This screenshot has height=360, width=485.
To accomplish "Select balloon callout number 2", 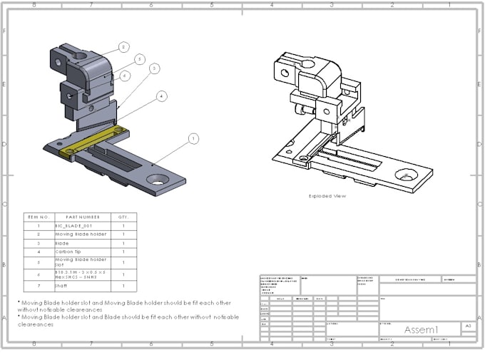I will [x=123, y=47].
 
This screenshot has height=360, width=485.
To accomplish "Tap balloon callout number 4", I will [x=162, y=96].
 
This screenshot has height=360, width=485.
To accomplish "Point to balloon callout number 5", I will [x=140, y=59].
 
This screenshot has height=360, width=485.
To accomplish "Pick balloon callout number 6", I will [x=125, y=75].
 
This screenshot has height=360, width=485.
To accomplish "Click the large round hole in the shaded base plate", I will [x=160, y=180].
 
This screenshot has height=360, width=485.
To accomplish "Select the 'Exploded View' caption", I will [x=327, y=196].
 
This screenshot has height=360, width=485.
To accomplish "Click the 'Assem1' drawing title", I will [x=420, y=329].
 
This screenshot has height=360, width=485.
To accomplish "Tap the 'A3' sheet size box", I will [x=468, y=326].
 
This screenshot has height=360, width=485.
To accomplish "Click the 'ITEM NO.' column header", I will [x=37, y=217].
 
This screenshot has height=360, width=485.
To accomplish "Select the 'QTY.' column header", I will [x=123, y=217].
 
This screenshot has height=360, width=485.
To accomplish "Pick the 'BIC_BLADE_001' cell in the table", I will [x=73, y=225].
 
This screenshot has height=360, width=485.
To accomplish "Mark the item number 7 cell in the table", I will [x=37, y=286].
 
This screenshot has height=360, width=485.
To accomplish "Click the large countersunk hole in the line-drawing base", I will [x=407, y=175].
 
